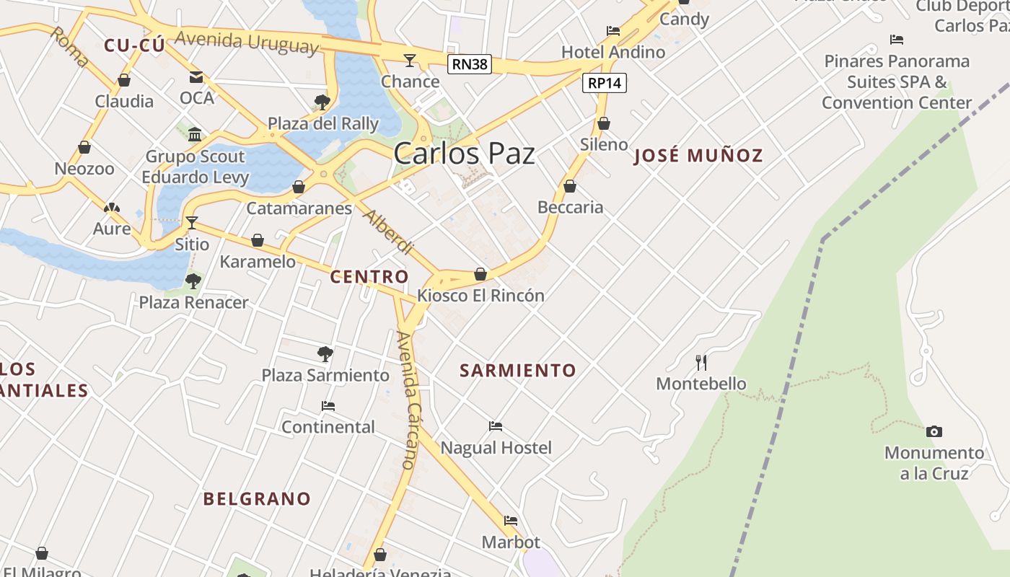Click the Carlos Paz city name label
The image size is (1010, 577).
[x=465, y=154]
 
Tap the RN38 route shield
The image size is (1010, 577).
[x=469, y=64]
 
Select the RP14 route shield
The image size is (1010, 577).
[x=604, y=83]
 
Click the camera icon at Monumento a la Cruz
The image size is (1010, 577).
[x=934, y=431]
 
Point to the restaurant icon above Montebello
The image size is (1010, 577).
[x=701, y=361]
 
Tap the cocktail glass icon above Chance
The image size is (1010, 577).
[x=410, y=60]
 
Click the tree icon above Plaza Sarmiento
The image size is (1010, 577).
[x=325, y=353]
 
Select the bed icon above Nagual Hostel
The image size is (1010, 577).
[x=495, y=426]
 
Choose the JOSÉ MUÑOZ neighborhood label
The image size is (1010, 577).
[x=698, y=156]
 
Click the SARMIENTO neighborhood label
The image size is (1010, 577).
[x=518, y=371]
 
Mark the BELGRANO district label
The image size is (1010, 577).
[x=257, y=498]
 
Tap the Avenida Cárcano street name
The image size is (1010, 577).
[x=408, y=400]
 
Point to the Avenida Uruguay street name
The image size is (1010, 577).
[x=246, y=42]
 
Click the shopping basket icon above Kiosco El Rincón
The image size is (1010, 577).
[x=480, y=274]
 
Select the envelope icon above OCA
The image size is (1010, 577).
[x=196, y=77]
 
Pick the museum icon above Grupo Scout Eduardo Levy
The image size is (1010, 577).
[x=195, y=135]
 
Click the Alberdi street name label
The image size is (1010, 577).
[x=388, y=232]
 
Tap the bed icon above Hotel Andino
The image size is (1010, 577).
[x=612, y=31]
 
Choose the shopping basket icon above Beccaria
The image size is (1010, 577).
[x=570, y=186]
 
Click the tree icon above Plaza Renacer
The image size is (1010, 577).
[x=193, y=281]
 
